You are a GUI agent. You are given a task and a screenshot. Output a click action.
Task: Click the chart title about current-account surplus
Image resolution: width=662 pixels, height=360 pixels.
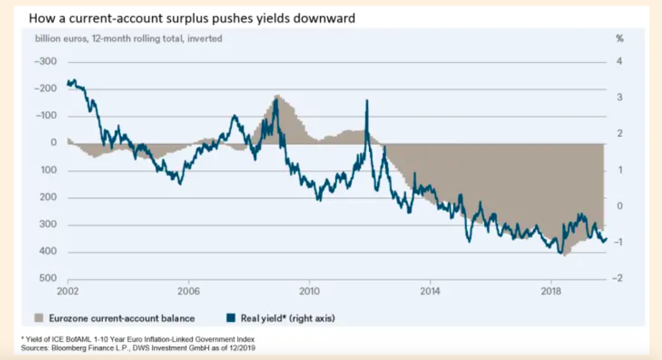click(x=192, y=19)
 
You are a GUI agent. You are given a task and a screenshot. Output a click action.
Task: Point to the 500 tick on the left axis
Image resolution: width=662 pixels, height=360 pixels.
click(x=49, y=279)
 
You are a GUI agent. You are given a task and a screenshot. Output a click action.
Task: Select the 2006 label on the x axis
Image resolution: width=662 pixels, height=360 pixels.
click(x=188, y=292)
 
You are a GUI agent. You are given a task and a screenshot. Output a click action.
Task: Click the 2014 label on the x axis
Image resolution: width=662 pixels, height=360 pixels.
click(x=429, y=292)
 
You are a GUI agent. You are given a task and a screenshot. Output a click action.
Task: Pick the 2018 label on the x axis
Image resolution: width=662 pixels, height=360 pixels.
click(x=551, y=292)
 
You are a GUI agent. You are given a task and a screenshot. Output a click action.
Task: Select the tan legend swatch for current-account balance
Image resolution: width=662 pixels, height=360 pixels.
click(x=39, y=318)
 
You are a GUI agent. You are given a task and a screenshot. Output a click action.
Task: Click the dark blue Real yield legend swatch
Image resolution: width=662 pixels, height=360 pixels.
click(x=231, y=318)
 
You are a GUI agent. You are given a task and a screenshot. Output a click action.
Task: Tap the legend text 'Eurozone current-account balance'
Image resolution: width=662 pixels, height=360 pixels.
click(x=121, y=318)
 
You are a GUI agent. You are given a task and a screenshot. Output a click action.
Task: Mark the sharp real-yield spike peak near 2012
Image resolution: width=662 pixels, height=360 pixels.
click(x=367, y=100)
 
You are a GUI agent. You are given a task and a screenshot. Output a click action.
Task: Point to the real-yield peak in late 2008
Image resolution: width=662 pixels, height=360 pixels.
click(x=276, y=100)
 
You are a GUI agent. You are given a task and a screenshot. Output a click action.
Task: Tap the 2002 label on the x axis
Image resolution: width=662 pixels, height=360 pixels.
click(x=68, y=292)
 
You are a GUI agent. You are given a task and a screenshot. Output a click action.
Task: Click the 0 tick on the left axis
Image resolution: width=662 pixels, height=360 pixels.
click(x=53, y=143)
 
